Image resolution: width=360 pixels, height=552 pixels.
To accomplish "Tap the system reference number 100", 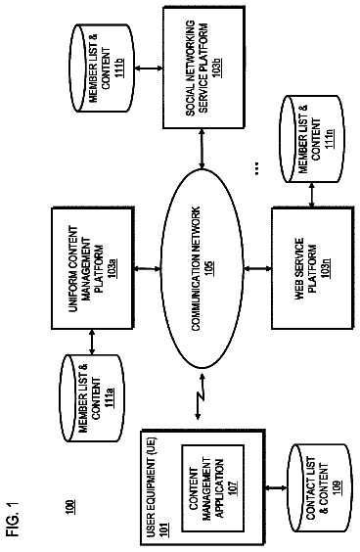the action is pos(70,507).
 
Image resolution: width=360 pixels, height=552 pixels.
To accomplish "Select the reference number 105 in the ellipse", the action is pos(209,268).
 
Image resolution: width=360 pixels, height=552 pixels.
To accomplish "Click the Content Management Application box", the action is pos(212,488).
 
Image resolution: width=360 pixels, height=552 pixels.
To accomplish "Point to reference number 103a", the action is pos(112,268).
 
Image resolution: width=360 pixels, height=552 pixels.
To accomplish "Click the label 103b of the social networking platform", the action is pos(217,67).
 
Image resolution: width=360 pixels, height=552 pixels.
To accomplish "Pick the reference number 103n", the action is pos(326,268).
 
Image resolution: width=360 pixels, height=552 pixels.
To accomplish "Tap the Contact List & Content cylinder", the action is pos(320,488).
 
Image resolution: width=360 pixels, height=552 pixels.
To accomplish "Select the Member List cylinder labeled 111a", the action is pos(93,397).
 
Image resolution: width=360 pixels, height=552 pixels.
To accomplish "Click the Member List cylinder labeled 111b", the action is pos(102,68).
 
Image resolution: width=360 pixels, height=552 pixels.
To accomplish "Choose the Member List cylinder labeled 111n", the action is pos(312,139).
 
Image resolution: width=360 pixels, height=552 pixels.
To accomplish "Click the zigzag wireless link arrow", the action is pos(200,396).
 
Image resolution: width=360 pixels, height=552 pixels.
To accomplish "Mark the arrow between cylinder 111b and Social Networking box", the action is pos(149,69).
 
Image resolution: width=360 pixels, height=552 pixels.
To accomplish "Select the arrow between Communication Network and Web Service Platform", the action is pos(257,268).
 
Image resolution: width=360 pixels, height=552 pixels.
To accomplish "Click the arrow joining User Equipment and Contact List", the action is pos(277,488).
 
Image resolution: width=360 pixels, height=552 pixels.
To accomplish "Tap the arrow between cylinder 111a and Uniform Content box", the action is pos(92,342).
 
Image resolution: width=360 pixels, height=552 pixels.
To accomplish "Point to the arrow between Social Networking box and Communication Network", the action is pos(202,149).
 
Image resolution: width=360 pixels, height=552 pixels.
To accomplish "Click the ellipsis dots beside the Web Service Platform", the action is pos(257,168).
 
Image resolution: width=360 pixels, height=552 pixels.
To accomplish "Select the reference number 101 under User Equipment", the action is pos(163,529).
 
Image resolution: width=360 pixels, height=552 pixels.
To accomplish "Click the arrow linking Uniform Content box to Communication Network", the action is pos(148,268).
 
